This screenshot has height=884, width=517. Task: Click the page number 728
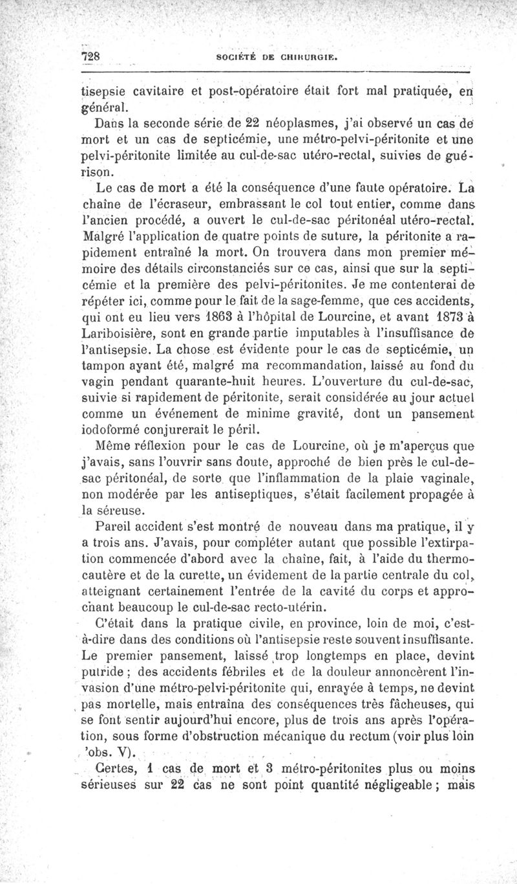click(89, 56)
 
